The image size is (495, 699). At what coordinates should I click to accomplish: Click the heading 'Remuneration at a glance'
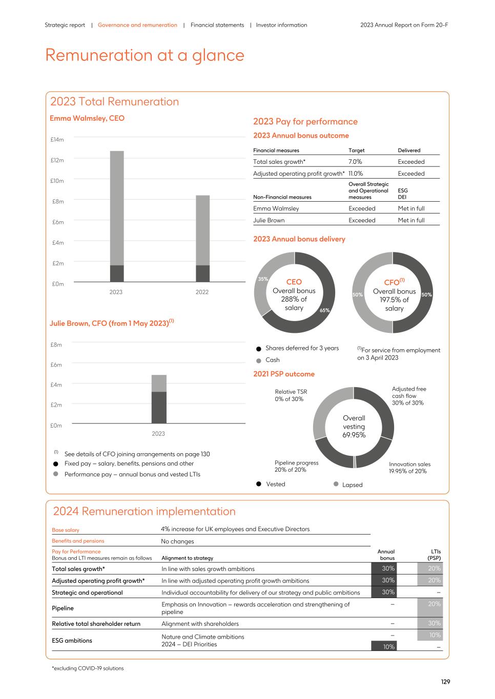(x=145, y=55)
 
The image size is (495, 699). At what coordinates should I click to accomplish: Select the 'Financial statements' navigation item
(x=217, y=25)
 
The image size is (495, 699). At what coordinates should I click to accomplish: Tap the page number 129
(x=445, y=682)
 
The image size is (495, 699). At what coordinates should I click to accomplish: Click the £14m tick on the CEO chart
(x=57, y=140)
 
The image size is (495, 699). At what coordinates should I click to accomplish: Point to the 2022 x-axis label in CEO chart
(x=202, y=292)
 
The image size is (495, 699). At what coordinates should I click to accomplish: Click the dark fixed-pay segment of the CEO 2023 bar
(x=117, y=273)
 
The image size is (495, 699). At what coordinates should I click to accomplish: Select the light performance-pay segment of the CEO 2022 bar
(x=202, y=230)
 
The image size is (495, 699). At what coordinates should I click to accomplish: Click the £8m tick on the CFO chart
(x=56, y=345)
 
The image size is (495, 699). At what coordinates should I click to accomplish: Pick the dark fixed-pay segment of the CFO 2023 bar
(x=158, y=408)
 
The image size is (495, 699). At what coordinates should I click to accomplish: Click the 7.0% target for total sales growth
(x=355, y=162)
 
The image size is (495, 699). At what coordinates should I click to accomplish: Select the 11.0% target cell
(x=356, y=174)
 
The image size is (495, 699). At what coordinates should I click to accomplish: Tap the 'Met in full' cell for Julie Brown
(x=411, y=220)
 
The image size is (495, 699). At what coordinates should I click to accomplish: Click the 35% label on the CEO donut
(x=263, y=279)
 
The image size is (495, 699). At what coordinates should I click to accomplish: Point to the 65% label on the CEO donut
(x=325, y=310)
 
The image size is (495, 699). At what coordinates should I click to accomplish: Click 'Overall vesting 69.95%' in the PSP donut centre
(x=354, y=427)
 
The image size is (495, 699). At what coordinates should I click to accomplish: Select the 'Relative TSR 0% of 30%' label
(x=291, y=395)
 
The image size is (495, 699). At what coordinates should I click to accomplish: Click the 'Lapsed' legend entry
(x=352, y=484)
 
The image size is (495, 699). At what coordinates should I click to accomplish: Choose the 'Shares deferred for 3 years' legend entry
(x=301, y=348)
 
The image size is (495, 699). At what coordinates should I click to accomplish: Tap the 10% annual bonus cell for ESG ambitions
(x=389, y=647)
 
